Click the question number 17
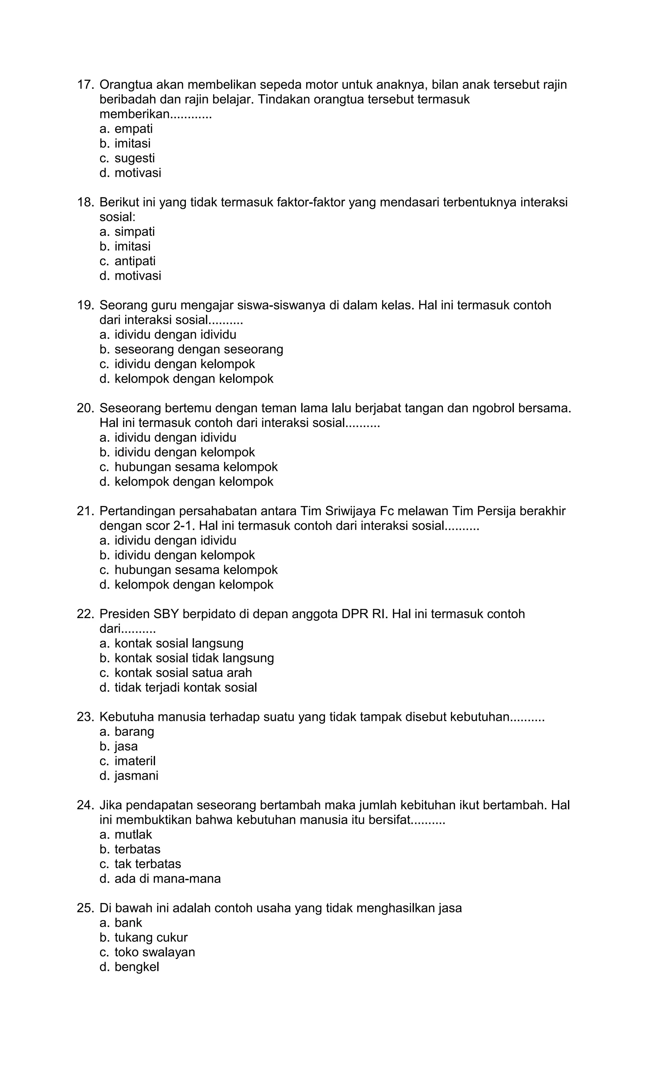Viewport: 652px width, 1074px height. [85, 85]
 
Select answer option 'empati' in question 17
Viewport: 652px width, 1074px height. [133, 129]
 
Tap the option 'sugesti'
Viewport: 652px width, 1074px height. [134, 158]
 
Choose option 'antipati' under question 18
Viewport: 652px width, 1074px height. [135, 261]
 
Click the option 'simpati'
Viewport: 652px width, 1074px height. [134, 231]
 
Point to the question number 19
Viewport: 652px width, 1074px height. [85, 305]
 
